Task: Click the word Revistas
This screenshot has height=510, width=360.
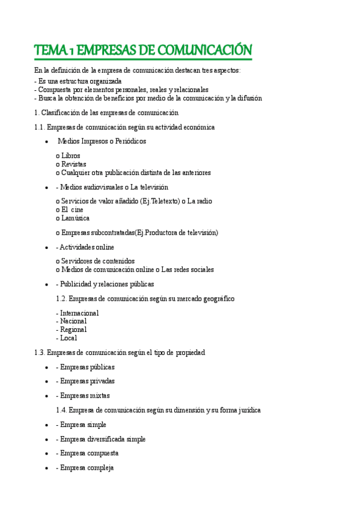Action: point(74,164)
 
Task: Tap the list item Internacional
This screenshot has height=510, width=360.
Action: point(79,313)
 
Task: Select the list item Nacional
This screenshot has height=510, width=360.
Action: point(73,321)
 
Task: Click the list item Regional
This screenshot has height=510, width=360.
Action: point(73,330)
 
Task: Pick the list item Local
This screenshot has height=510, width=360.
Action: point(69,338)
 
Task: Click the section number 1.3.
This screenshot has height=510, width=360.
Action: point(40,352)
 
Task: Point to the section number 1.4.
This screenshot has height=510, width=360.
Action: point(62,410)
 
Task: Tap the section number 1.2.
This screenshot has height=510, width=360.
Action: point(62,298)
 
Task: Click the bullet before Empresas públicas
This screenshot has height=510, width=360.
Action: point(47,367)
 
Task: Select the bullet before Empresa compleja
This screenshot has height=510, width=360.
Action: point(47,468)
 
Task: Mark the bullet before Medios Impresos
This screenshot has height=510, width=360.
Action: point(47,141)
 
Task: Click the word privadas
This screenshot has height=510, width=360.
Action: point(101,381)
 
